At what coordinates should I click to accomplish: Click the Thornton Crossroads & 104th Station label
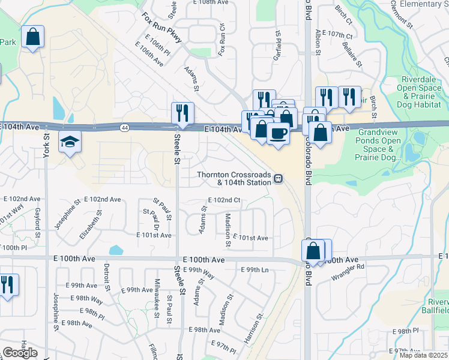tap(235, 179)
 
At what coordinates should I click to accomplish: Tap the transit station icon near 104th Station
tap(279, 179)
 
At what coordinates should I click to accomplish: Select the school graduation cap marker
tap(70, 142)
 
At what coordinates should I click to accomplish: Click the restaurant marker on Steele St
tap(182, 112)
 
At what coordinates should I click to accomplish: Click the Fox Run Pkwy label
tap(162, 27)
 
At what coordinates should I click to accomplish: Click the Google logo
tap(20, 353)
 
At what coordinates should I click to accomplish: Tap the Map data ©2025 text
tap(424, 356)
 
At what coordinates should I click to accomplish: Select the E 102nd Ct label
tap(224, 200)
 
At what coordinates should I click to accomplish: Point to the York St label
tap(46, 146)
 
